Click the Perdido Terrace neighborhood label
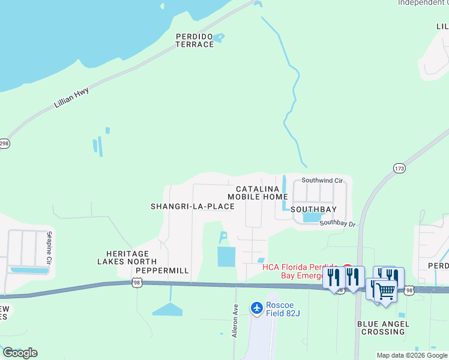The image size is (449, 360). click(x=194, y=40)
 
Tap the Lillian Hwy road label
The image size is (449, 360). click(x=71, y=98)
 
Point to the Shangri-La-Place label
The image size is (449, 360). click(x=192, y=206)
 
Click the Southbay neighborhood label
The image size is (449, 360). click(x=313, y=209)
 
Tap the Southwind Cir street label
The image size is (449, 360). click(x=322, y=180)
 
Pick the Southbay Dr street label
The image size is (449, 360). click(x=337, y=223)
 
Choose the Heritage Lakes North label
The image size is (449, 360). click(x=127, y=257)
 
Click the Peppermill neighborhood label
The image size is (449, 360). click(x=162, y=271)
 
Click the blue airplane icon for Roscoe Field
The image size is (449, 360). click(x=257, y=308)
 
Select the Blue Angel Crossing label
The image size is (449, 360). click(x=383, y=328)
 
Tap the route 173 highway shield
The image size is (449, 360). click(x=400, y=168)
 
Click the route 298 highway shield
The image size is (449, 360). click(x=4, y=144)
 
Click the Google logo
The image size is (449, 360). click(x=20, y=352)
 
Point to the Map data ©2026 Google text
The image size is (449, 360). click(x=412, y=355)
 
